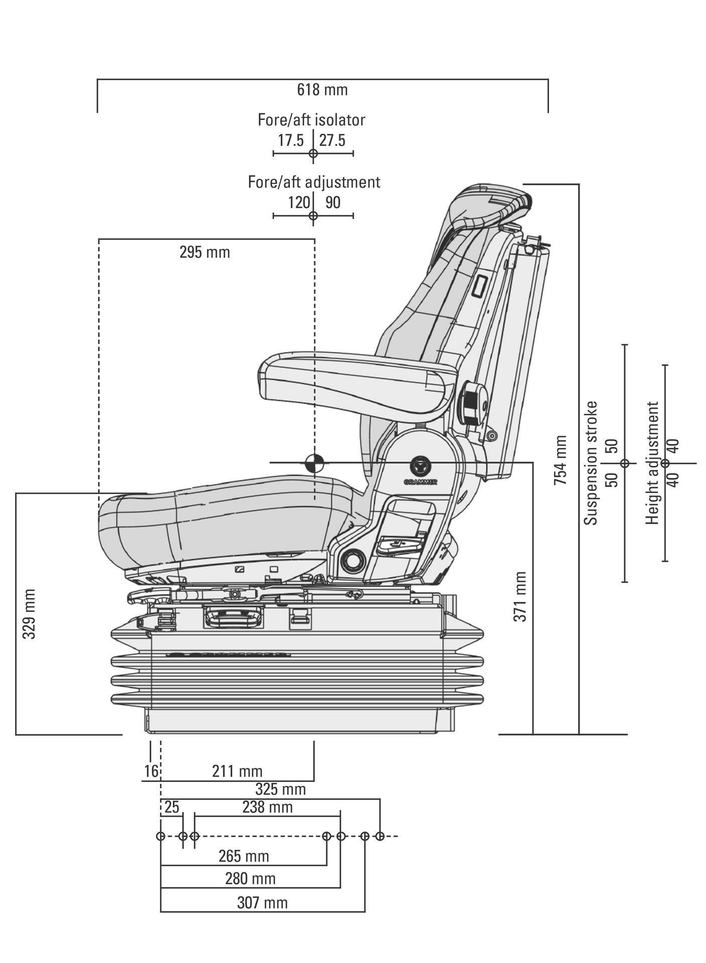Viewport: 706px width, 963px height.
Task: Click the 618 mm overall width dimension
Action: (x=322, y=90)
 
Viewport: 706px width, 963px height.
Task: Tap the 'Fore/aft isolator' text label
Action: (x=311, y=120)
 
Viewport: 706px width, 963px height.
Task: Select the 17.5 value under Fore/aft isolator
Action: (x=291, y=140)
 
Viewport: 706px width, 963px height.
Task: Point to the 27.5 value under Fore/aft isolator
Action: (x=332, y=140)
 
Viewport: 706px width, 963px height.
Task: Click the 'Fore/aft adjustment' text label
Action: (x=314, y=182)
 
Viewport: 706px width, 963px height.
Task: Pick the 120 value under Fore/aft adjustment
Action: (x=299, y=203)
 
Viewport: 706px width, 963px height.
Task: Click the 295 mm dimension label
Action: (x=205, y=252)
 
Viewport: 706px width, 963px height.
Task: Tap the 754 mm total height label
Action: (x=560, y=460)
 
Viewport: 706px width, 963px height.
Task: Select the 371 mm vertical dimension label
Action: (x=520, y=597)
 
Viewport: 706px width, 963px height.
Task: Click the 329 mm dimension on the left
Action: (x=29, y=614)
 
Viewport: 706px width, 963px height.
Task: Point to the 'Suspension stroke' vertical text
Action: (x=592, y=462)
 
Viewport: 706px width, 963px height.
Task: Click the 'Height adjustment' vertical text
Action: (x=652, y=462)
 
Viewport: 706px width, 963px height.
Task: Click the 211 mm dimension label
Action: (x=237, y=771)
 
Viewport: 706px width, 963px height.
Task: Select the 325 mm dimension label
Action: (x=280, y=789)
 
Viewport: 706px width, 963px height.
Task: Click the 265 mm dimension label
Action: (x=244, y=856)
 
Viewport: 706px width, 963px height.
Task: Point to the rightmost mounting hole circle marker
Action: (x=380, y=836)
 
